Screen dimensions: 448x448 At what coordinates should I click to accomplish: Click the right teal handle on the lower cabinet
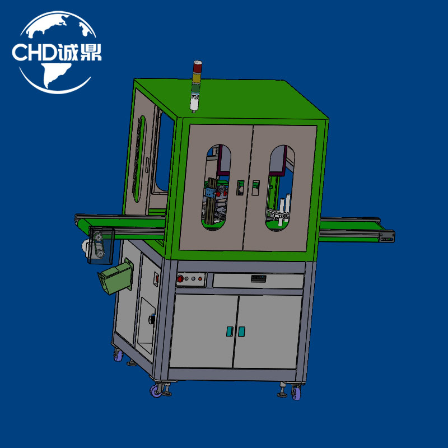(x=241, y=332)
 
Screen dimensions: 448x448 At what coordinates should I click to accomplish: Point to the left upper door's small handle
(x=240, y=188)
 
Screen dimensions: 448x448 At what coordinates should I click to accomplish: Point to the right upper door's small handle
(x=255, y=188)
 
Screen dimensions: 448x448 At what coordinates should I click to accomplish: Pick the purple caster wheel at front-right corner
(x=295, y=394)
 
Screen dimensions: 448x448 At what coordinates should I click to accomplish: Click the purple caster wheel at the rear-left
(x=118, y=355)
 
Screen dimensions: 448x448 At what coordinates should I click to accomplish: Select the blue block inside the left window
(x=211, y=193)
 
